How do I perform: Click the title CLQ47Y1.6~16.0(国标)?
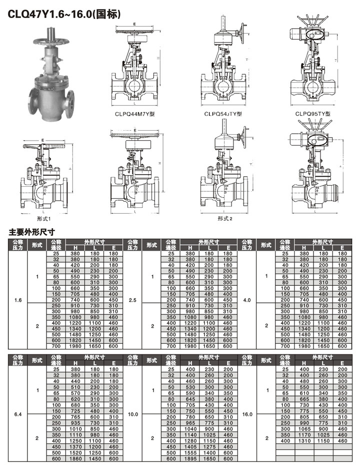(64, 14)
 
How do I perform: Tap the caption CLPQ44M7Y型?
(135, 114)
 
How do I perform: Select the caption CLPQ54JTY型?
(223, 114)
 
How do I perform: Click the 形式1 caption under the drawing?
(43, 219)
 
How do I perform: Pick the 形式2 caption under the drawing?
(225, 219)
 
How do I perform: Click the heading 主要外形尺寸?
(31, 232)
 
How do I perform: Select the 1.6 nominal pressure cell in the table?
(18, 300)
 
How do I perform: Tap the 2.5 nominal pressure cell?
(132, 300)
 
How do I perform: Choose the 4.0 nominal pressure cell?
(247, 300)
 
